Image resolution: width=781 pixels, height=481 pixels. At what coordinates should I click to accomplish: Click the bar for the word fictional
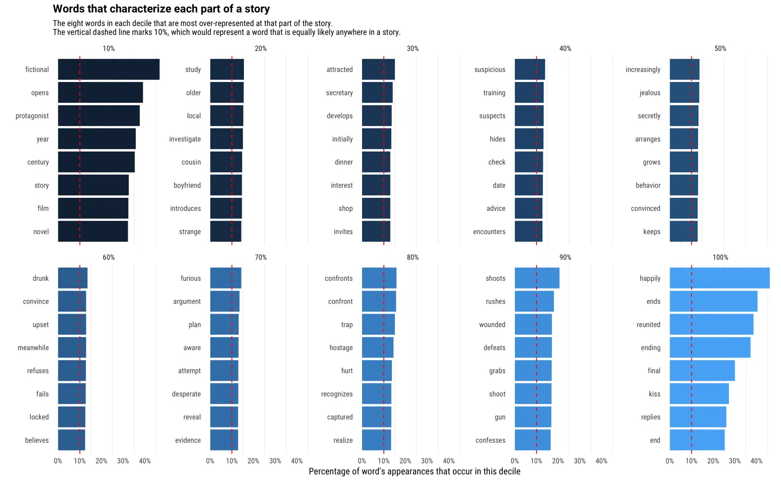click(108, 69)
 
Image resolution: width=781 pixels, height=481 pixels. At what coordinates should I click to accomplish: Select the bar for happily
click(719, 278)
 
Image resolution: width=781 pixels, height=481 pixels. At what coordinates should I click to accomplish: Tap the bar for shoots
click(537, 278)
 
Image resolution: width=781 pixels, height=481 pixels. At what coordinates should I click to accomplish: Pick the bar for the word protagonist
click(99, 116)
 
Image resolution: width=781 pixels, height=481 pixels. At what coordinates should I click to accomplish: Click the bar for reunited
click(711, 325)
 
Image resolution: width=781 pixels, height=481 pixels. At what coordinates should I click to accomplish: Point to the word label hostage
click(341, 348)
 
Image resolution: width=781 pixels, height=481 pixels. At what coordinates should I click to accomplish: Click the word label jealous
click(650, 93)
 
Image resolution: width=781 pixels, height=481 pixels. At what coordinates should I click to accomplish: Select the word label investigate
click(185, 139)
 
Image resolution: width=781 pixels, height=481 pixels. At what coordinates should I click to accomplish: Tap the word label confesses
click(490, 440)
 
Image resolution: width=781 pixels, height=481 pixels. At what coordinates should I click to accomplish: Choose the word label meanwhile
click(33, 348)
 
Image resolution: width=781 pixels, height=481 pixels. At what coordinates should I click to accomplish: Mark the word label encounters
click(489, 232)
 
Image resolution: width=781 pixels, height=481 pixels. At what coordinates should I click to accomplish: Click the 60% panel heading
click(108, 258)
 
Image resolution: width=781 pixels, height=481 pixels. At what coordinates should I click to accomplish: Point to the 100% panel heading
click(720, 258)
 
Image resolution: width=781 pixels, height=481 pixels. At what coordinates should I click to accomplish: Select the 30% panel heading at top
click(413, 49)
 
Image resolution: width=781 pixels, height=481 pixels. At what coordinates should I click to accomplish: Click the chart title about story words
click(161, 9)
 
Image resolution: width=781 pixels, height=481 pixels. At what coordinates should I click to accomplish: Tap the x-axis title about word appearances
click(414, 471)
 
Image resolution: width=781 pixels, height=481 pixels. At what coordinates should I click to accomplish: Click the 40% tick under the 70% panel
click(296, 461)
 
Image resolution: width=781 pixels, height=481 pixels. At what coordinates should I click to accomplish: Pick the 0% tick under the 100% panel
click(670, 461)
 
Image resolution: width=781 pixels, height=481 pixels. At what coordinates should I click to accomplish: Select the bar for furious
click(226, 278)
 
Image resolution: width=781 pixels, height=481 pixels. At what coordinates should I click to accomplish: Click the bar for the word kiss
click(699, 394)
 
